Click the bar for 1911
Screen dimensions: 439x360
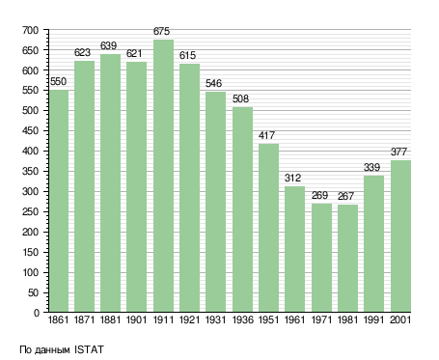point(163,176)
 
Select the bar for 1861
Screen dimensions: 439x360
point(59,201)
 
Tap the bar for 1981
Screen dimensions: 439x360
point(347,259)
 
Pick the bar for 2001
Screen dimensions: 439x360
point(400,236)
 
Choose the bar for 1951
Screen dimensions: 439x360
point(268,228)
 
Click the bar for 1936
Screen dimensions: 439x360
point(242,209)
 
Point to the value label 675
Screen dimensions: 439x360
point(161,31)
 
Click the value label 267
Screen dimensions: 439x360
point(345,196)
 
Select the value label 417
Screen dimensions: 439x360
point(266,135)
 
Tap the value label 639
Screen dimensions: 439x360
point(108,45)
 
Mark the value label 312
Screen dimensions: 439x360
point(292,178)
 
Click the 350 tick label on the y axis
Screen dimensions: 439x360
point(30,171)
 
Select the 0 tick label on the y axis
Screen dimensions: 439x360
point(37,313)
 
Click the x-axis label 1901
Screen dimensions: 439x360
point(136,319)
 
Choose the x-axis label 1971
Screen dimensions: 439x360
point(321,319)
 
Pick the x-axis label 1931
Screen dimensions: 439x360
point(215,319)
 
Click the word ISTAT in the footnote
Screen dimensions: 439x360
point(89,349)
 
